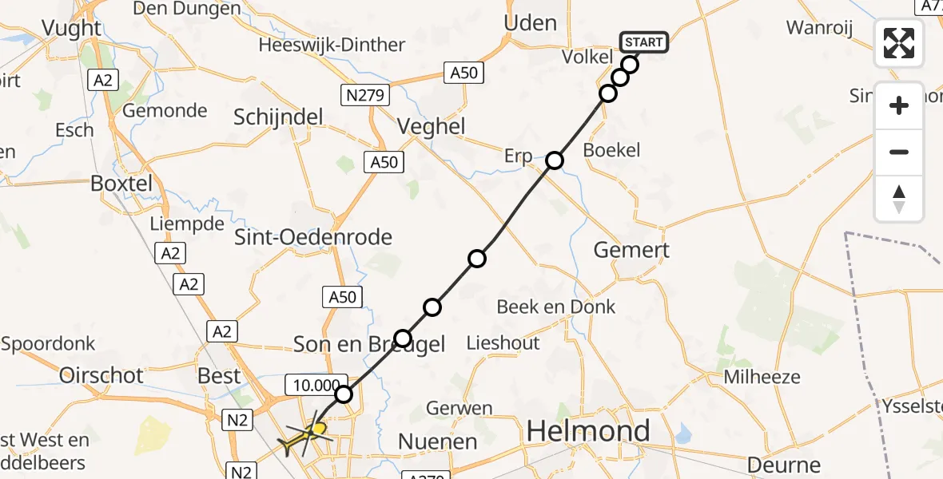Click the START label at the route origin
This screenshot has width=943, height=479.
(x=643, y=42)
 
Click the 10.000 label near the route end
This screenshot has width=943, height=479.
(x=315, y=386)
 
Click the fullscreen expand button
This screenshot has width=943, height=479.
(x=899, y=43)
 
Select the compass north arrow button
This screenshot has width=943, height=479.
(x=899, y=199)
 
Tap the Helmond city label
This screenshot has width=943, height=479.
(x=587, y=432)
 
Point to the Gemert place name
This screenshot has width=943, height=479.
(x=631, y=250)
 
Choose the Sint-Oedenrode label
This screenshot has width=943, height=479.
(x=312, y=237)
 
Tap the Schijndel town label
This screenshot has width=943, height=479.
(x=278, y=117)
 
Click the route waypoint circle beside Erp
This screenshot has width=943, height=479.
(x=555, y=160)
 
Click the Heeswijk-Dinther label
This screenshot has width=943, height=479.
(x=332, y=46)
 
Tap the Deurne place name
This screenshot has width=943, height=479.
(x=783, y=465)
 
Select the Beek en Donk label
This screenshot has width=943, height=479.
(x=556, y=307)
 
